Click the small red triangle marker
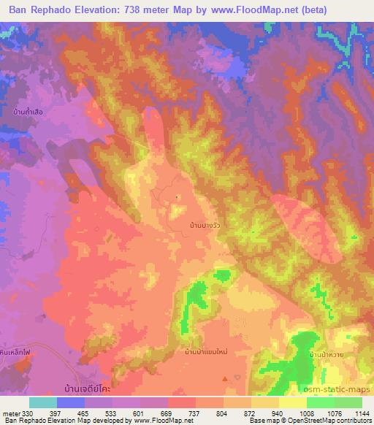pos(224,378)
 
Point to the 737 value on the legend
pos(174,413)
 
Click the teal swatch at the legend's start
pos(43,402)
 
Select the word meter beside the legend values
pos(9,413)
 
